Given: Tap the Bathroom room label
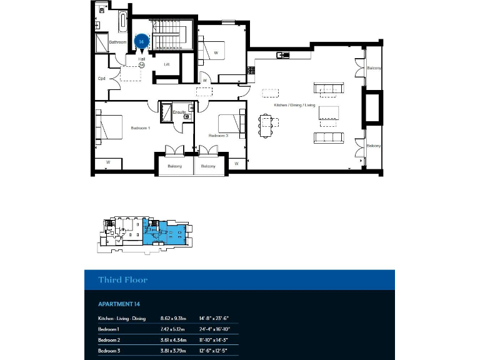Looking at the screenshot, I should click(117, 42).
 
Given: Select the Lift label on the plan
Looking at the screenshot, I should click(167, 64).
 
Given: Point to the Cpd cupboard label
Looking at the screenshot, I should click(101, 79).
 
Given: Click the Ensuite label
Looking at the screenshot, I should click(179, 112).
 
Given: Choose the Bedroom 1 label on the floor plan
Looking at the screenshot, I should click(140, 127).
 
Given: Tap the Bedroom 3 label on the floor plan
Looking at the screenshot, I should click(217, 136).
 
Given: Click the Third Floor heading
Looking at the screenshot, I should click(122, 280).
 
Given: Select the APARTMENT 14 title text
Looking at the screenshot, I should click(119, 304).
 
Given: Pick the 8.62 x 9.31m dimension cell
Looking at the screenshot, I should click(174, 319).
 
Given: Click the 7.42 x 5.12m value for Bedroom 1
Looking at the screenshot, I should click(174, 329).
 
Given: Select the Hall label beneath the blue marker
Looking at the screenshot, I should click(142, 59).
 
